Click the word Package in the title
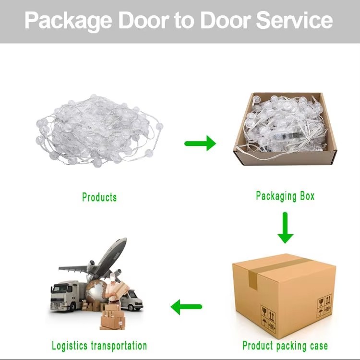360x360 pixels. pyautogui.click(x=68, y=21)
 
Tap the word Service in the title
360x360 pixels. pyautogui.click(x=294, y=20)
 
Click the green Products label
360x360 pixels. pyautogui.click(x=99, y=197)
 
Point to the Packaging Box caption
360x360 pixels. pyautogui.click(x=285, y=196)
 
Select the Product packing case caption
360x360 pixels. pyautogui.click(x=285, y=346)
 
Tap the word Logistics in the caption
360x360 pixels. pyautogui.click(x=70, y=346)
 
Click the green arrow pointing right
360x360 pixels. pyautogui.click(x=200, y=143)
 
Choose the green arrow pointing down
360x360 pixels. pyautogui.click(x=286, y=228)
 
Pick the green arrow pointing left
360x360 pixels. pyautogui.click(x=186, y=307)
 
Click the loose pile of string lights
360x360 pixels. pyautogui.click(x=99, y=131)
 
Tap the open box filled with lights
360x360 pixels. pyautogui.click(x=285, y=129)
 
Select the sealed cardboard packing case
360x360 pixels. pyautogui.click(x=284, y=296)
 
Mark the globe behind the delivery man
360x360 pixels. pyautogui.click(x=96, y=290)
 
